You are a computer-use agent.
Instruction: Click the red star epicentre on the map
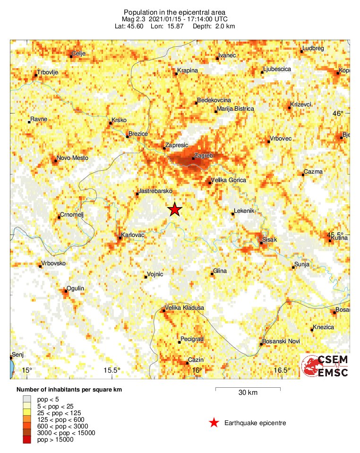pos(175,209)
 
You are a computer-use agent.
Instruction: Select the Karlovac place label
pos(133,235)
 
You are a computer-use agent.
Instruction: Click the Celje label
pos(78,53)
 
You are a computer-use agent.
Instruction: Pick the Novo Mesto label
pos(72,158)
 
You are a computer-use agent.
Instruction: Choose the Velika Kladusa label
pos(184,308)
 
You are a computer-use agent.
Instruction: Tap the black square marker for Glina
pos(212,274)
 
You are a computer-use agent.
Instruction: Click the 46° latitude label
pos(338,113)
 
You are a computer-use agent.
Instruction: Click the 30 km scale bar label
pos(248,392)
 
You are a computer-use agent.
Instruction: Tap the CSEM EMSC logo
pos(325,366)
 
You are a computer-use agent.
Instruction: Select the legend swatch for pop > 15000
pos(26,440)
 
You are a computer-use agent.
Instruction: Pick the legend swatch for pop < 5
pos(26,400)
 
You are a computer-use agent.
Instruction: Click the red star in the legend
pos(214,423)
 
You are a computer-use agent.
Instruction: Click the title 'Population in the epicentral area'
pos(175,12)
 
